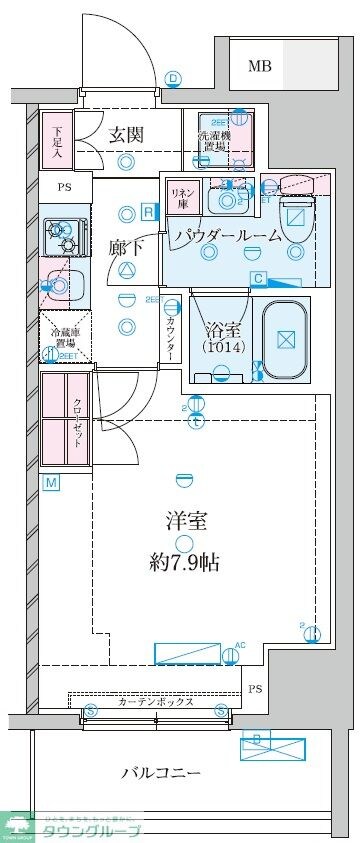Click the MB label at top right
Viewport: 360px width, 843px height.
(x=259, y=67)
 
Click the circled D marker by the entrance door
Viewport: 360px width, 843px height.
(x=173, y=78)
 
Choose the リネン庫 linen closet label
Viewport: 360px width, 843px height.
(x=181, y=196)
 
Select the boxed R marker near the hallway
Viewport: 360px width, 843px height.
(x=148, y=211)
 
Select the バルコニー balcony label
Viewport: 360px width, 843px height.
(x=161, y=773)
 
